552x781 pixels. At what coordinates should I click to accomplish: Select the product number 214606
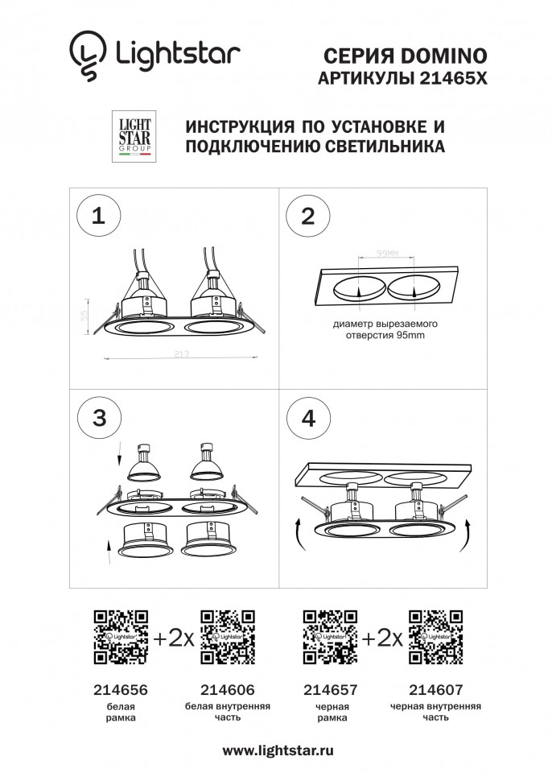pos(226,690)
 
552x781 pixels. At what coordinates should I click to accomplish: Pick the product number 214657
pos(330,690)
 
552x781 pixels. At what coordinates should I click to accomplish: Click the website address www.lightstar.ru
pos(278,750)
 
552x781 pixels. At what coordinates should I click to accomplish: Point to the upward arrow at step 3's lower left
pos(111,552)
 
